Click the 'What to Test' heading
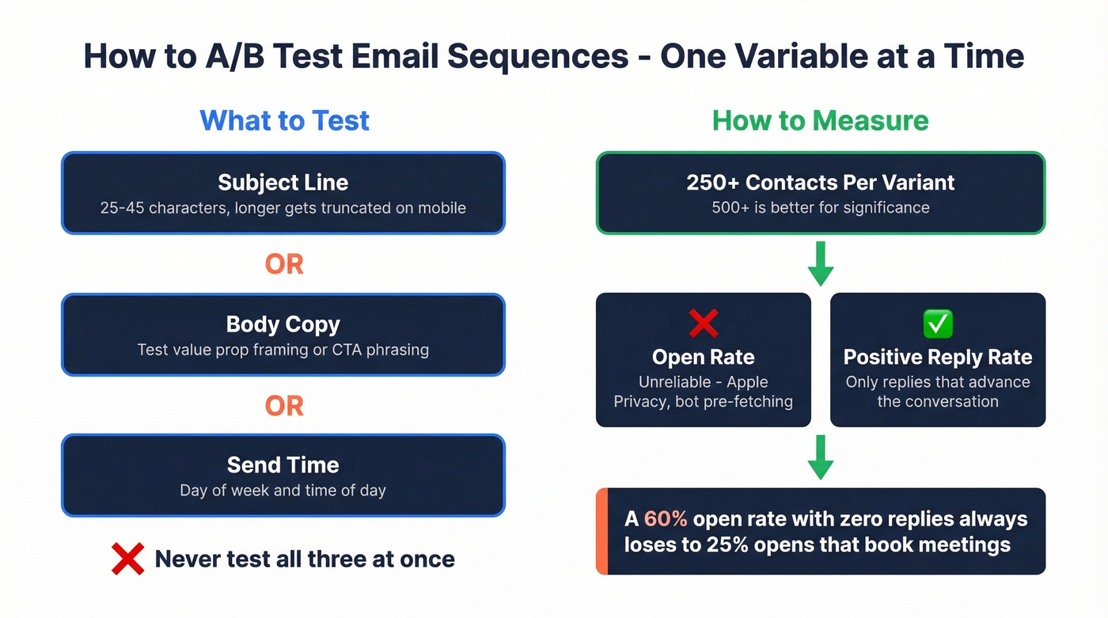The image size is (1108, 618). click(x=284, y=120)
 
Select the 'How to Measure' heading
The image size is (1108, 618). click(x=820, y=120)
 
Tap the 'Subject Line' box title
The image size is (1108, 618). click(x=283, y=182)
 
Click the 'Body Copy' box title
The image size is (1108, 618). click(x=283, y=324)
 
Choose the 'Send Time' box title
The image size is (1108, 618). click(x=283, y=464)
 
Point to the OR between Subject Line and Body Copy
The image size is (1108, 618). click(x=283, y=264)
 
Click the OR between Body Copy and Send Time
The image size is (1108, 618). click(x=283, y=406)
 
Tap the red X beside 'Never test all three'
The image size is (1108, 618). click(x=127, y=559)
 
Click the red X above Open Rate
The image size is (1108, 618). click(x=703, y=323)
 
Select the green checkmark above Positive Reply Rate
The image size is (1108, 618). click(x=938, y=323)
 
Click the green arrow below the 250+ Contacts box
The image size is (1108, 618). click(x=820, y=264)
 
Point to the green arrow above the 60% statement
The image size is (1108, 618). click(x=820, y=458)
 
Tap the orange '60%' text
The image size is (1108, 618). click(x=666, y=519)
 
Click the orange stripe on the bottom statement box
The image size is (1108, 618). click(x=601, y=531)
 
